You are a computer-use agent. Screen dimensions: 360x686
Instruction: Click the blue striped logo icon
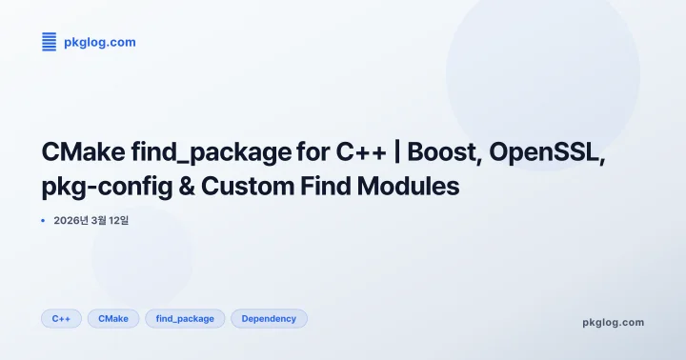click(50, 41)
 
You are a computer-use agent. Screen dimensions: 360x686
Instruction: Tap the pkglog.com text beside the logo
click(99, 42)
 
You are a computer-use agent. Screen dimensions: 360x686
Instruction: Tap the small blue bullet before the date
click(43, 221)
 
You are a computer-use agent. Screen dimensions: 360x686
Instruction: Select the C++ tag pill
click(61, 318)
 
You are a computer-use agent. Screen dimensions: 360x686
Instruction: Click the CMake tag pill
click(113, 318)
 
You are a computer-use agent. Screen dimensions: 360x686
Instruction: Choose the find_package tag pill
click(185, 318)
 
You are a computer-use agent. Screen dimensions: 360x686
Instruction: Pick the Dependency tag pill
click(269, 318)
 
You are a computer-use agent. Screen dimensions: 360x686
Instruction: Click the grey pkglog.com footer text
click(613, 322)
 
